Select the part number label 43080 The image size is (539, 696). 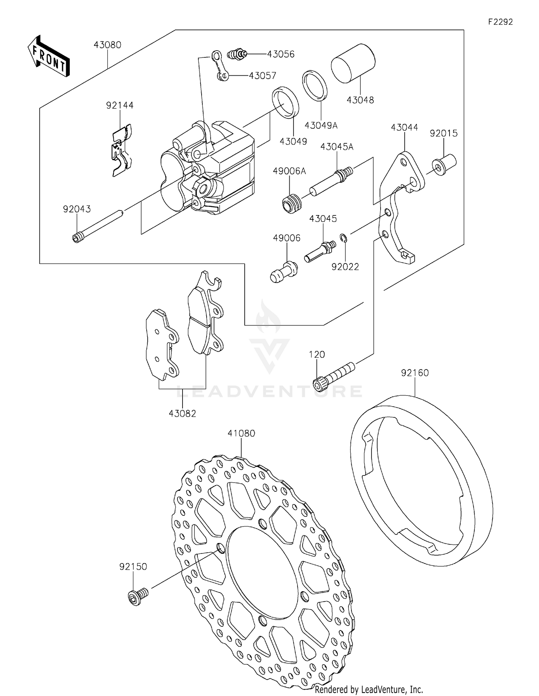107,45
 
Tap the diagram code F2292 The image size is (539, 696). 500,22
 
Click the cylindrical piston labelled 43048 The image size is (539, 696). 353,64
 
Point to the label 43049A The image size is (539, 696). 321,125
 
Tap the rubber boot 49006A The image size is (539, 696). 292,204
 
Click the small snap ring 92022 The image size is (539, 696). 343,238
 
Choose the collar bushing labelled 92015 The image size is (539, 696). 444,164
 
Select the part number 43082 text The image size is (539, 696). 183,414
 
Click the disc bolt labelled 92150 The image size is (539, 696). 138,597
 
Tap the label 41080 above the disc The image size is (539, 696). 241,433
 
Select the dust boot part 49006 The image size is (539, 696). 284,272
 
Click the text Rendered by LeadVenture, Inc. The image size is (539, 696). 369,689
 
